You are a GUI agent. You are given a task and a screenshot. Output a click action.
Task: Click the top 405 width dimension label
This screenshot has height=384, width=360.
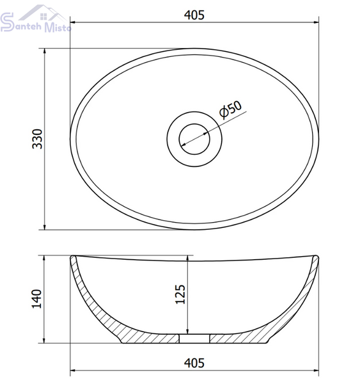[194, 15]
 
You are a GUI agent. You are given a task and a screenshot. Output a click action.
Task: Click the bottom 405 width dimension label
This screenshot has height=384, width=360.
[194, 363]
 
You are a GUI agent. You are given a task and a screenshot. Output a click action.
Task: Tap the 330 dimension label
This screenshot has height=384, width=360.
[38, 139]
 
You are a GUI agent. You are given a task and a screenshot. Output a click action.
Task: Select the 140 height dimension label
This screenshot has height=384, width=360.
[37, 299]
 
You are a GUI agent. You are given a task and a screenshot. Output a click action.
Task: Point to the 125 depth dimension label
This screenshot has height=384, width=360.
[180, 294]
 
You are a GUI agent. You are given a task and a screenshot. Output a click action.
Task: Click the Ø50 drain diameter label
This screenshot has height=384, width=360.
[231, 109]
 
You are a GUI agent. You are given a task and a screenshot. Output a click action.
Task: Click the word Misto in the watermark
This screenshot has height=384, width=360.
[58, 28]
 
